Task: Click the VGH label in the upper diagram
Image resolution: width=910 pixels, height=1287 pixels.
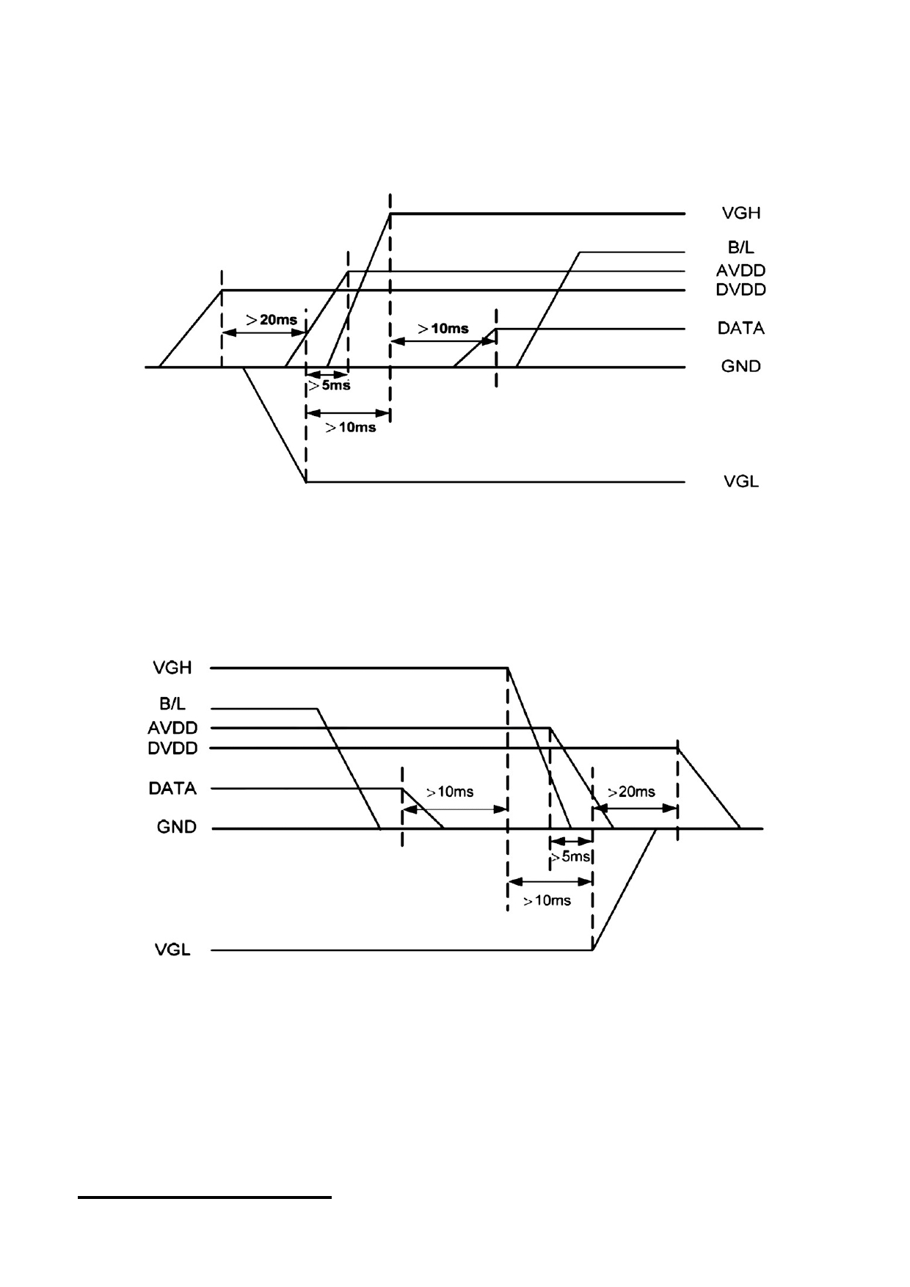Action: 741,214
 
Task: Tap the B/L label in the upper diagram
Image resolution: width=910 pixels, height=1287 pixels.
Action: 740,247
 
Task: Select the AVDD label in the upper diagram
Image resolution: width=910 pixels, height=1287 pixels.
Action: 740,271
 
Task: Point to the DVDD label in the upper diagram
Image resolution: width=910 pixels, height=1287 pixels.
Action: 740,290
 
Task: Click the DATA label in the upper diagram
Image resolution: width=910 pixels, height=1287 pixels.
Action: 740,328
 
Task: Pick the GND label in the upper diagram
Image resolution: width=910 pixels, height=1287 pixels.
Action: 740,366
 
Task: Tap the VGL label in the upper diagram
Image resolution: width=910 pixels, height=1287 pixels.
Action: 741,482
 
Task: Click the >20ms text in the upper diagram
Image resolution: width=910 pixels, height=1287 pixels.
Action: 272,320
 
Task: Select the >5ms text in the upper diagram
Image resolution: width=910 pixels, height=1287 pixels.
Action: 329,385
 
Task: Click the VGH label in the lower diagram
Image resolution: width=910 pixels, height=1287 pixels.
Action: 172,668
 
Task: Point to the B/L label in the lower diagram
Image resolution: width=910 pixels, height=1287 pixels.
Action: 172,704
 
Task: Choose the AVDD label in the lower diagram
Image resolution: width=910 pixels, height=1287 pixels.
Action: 172,729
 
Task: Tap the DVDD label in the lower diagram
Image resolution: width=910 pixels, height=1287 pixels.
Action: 172,749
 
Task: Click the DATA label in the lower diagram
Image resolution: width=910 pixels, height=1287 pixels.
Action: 172,789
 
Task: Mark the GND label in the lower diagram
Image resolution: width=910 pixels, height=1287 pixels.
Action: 177,828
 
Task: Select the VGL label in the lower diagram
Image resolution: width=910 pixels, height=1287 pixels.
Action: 172,950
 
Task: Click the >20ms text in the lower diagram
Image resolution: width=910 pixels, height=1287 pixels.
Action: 631,792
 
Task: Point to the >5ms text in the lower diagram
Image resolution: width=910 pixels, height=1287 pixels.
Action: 570,857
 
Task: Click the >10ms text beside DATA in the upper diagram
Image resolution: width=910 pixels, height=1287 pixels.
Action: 443,329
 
